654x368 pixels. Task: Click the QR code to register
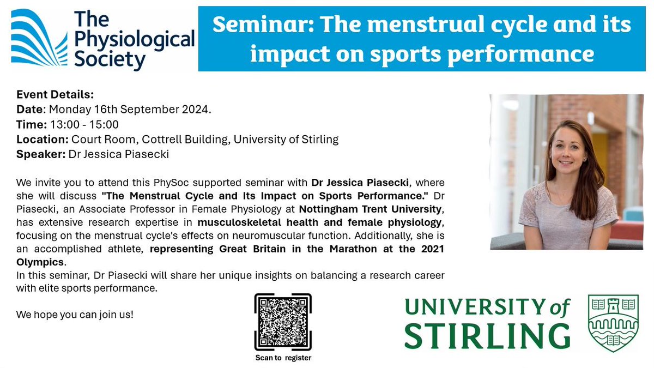(x=283, y=323)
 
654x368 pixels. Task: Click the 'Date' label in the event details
(x=29, y=109)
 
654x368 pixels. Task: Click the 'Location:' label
(x=43, y=139)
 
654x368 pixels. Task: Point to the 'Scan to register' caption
(x=283, y=358)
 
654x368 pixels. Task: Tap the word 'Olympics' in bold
(x=38, y=261)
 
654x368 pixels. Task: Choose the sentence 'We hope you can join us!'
(x=75, y=315)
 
